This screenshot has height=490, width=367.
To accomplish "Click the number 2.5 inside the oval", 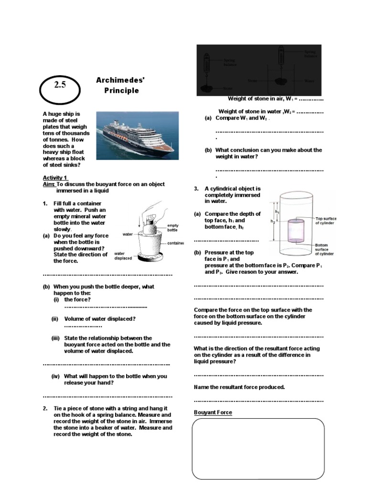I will [60, 85].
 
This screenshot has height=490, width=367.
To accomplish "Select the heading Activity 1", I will [55, 178].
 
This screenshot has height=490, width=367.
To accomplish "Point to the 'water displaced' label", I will [123, 255].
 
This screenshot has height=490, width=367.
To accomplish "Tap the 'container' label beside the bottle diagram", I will [175, 244].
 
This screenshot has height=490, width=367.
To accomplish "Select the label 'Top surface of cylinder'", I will [325, 221].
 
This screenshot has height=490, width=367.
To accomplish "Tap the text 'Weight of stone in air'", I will [255, 99].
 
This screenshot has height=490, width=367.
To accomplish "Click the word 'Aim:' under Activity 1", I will [49, 184].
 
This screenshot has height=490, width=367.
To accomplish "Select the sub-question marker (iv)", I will [56, 376].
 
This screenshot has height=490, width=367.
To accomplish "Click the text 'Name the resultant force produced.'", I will [239, 387].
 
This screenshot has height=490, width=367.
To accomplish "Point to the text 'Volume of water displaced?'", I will [100, 319].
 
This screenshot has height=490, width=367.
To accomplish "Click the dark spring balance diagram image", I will [259, 70].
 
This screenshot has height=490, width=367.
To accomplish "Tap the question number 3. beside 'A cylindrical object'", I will [196, 189].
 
